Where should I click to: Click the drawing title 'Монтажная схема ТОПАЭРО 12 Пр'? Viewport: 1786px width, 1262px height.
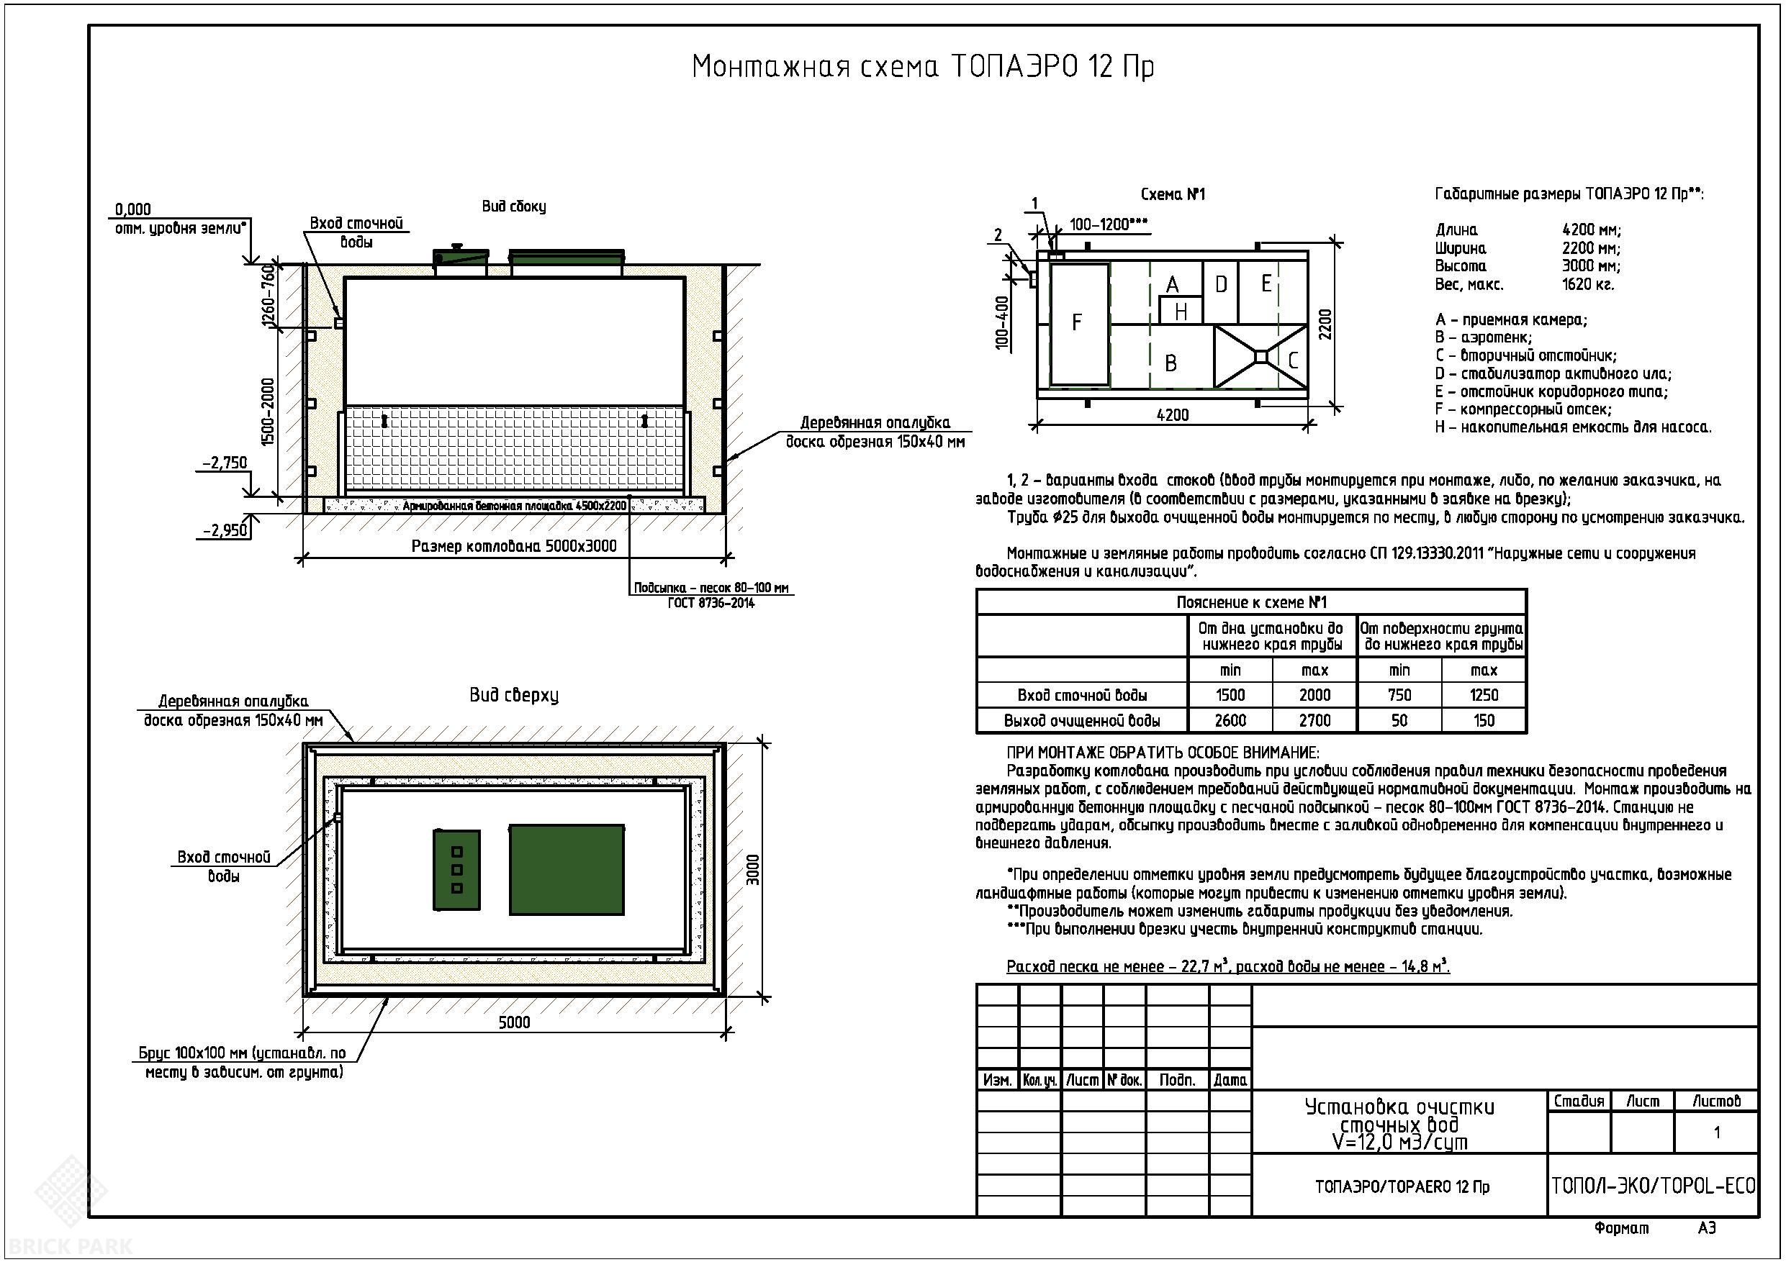pyautogui.click(x=923, y=67)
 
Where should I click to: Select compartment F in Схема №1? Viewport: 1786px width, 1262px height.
pyautogui.click(x=1079, y=324)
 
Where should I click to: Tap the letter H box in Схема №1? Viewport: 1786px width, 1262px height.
pyautogui.click(x=1181, y=311)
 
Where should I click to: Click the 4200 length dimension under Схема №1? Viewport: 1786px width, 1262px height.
pyautogui.click(x=1172, y=415)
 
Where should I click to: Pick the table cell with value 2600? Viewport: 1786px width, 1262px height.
pyautogui.click(x=1230, y=720)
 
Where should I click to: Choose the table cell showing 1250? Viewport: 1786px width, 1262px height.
pyautogui.click(x=1484, y=695)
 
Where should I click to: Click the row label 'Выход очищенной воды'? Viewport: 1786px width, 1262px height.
pyautogui.click(x=1082, y=721)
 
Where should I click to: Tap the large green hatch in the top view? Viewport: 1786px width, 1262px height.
pyautogui.click(x=567, y=869)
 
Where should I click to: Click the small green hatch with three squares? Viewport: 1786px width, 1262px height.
pyautogui.click(x=456, y=869)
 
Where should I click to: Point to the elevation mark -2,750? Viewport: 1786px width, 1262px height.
pyautogui.click(x=225, y=463)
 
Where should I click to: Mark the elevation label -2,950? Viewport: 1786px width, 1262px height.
pyautogui.click(x=225, y=530)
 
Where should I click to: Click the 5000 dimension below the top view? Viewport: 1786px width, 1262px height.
pyautogui.click(x=514, y=1022)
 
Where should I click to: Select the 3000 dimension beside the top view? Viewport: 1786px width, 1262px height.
pyautogui.click(x=752, y=869)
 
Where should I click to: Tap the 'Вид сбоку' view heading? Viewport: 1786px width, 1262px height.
pyautogui.click(x=514, y=206)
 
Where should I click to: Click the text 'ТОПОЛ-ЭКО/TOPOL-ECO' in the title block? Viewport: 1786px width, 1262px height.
pyautogui.click(x=1653, y=1186)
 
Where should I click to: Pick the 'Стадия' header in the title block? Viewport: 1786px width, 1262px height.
pyautogui.click(x=1579, y=1101)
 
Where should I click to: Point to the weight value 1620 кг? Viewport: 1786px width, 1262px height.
pyautogui.click(x=1587, y=285)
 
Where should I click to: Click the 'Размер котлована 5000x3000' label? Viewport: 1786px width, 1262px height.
pyautogui.click(x=514, y=546)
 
